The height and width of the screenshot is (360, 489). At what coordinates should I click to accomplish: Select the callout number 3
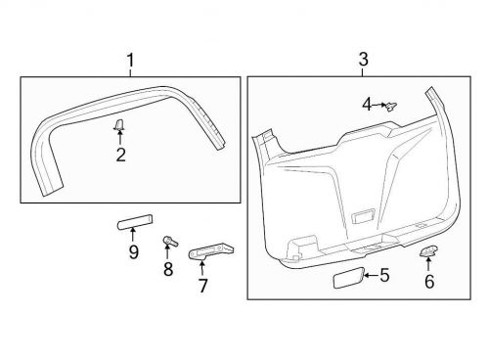pos(363,60)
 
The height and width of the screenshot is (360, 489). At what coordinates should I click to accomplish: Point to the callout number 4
pos(366,103)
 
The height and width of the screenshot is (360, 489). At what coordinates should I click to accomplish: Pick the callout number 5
pos(384,277)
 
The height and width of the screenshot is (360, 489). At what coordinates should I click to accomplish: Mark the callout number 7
pos(203,287)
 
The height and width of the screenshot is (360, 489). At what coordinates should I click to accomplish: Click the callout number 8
pos(168,269)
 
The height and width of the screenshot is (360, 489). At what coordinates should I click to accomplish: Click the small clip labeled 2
pos(119,124)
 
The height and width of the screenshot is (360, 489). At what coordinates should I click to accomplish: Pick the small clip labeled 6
pos(428,252)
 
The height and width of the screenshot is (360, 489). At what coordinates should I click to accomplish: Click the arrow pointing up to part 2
pos(119,138)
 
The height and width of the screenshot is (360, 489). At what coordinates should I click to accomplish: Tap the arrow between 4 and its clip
pos(378,103)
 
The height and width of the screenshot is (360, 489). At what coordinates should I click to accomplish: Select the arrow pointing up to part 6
pos(428,265)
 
